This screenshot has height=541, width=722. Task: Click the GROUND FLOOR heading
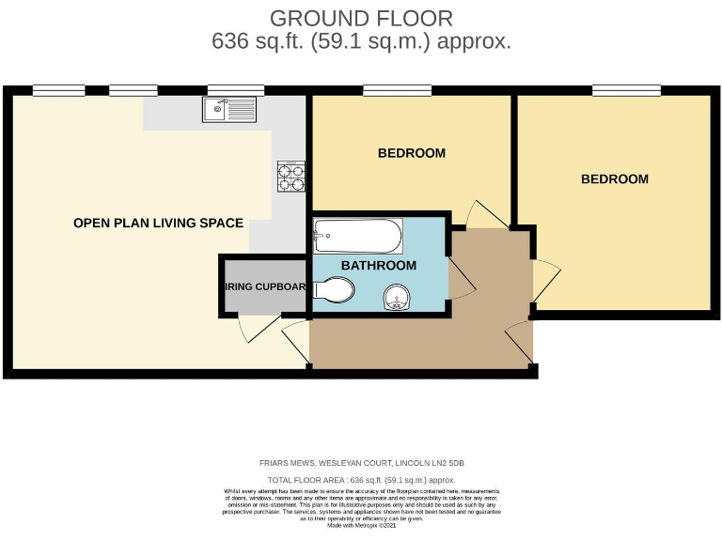361,18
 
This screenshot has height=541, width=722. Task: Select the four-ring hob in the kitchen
291,177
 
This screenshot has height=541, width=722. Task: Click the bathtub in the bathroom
358,236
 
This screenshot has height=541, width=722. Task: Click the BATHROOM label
378,266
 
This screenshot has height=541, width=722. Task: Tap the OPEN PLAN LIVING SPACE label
158,224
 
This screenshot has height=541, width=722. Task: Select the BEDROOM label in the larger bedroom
614,179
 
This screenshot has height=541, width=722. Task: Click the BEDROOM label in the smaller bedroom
411,153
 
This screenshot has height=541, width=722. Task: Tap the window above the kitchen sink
229,90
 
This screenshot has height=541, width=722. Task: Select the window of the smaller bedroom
397,90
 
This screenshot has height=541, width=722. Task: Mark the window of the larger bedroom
625,90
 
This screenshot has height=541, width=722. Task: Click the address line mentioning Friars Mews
362,464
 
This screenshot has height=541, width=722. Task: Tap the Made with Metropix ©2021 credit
361,526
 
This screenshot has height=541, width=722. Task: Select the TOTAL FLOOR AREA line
362,480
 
